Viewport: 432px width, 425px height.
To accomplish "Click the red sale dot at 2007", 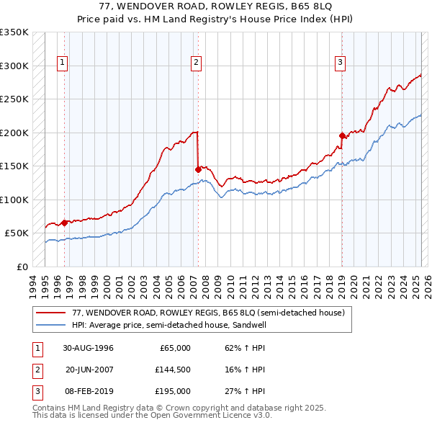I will [x=198, y=170].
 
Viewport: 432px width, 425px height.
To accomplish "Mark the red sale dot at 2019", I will [x=342, y=135].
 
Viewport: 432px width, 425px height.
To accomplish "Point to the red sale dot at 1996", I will [x=65, y=223].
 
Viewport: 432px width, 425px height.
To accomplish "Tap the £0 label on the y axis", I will [x=22, y=267].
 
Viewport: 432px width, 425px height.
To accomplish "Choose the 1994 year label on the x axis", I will [x=33, y=283].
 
